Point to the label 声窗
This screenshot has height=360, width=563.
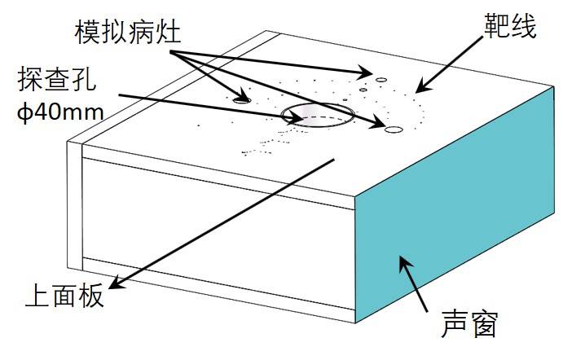tap(468, 324)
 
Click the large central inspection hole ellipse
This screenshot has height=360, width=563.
tap(317, 116)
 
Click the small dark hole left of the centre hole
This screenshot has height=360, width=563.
tap(241, 99)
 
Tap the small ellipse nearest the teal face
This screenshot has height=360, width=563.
tap(394, 129)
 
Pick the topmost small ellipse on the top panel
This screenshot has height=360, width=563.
tap(380, 79)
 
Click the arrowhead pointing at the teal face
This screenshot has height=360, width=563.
tap(402, 263)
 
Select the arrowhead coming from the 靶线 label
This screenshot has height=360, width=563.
tap(420, 87)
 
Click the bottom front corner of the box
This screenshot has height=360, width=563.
tap(356, 322)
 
